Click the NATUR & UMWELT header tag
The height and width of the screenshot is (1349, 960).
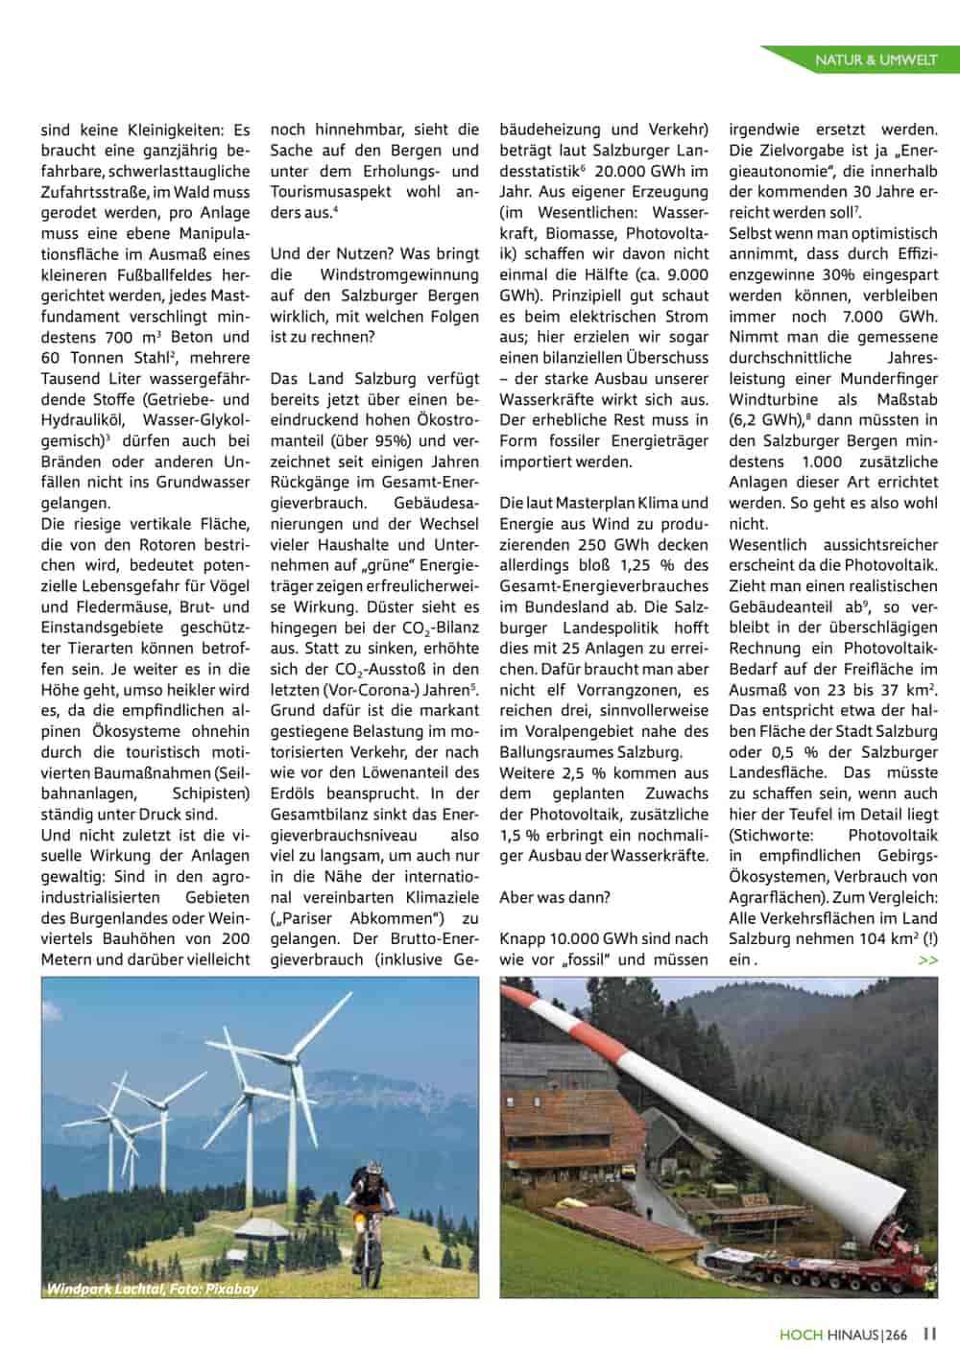pos(875,60)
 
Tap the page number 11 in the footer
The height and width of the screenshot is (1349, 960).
pos(929,1333)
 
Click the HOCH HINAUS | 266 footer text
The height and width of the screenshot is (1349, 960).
pos(842,1334)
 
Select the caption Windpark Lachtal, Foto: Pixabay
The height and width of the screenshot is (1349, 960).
pos(152,1290)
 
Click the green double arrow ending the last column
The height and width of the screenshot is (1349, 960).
pos(927,959)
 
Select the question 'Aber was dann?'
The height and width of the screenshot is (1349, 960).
pos(555,897)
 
